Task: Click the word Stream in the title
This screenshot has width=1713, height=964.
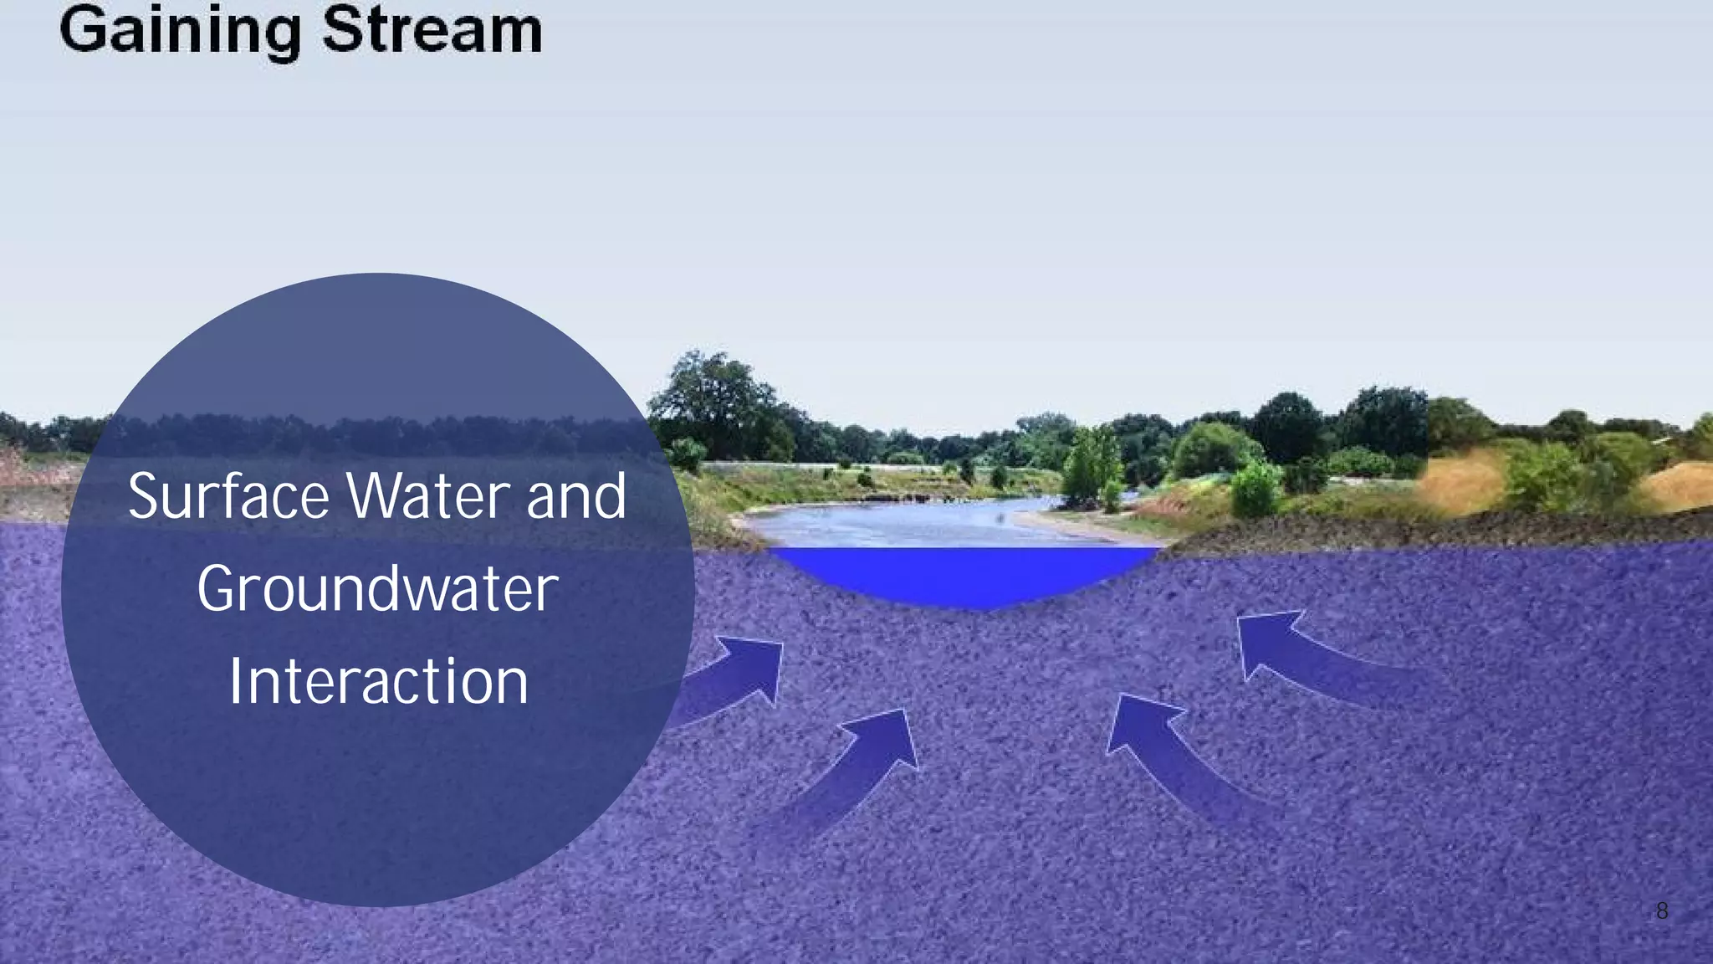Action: [432, 32]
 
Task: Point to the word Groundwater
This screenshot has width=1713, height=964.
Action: [377, 589]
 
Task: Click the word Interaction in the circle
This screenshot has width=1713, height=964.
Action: [378, 682]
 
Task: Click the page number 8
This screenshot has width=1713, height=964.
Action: [1661, 911]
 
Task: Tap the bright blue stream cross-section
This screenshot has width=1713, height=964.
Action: [962, 573]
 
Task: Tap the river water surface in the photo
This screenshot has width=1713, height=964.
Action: [903, 523]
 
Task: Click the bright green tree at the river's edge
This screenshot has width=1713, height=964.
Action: [1092, 464]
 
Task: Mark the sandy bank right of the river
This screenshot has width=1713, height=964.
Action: [1079, 527]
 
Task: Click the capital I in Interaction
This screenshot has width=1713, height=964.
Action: [236, 682]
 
